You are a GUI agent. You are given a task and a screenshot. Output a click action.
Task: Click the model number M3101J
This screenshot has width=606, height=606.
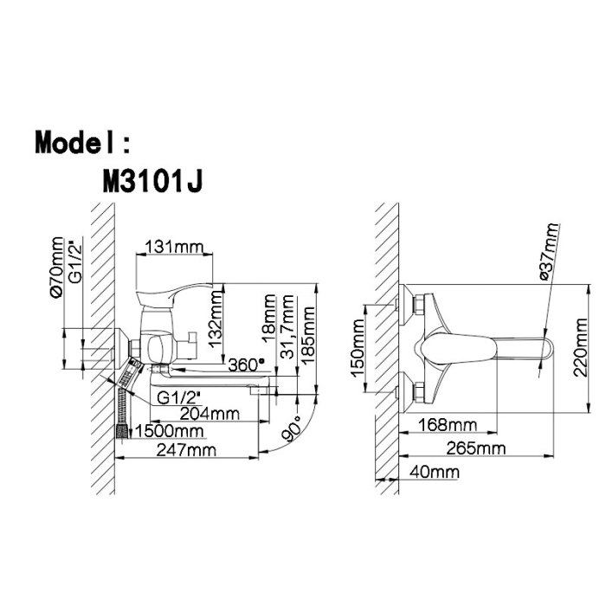(x=152, y=182)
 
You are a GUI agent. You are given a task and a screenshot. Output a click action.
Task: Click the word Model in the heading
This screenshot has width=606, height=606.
(x=74, y=142)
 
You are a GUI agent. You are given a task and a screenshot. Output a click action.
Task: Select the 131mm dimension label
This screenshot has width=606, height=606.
(x=174, y=247)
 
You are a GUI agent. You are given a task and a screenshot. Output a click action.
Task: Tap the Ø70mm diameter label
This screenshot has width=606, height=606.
(x=56, y=268)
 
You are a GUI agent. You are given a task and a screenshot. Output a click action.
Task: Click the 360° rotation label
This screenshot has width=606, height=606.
(x=247, y=364)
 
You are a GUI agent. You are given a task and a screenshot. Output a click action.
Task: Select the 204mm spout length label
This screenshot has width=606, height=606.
(x=210, y=414)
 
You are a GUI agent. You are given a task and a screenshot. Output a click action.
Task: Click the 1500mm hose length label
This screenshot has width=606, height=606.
(x=170, y=431)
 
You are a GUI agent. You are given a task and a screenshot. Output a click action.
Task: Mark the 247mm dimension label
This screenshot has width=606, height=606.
(x=186, y=450)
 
